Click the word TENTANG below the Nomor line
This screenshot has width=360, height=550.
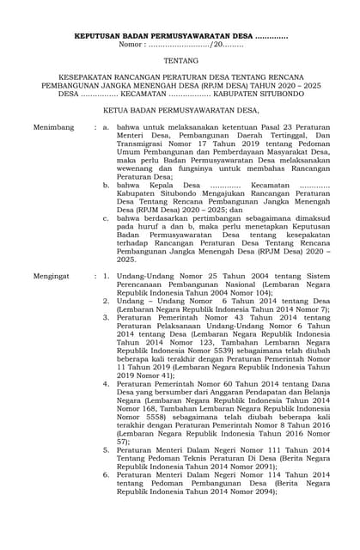[x=180, y=62]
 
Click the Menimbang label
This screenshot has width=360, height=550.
[x=53, y=126]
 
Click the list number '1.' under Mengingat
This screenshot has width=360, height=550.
[x=106, y=277]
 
